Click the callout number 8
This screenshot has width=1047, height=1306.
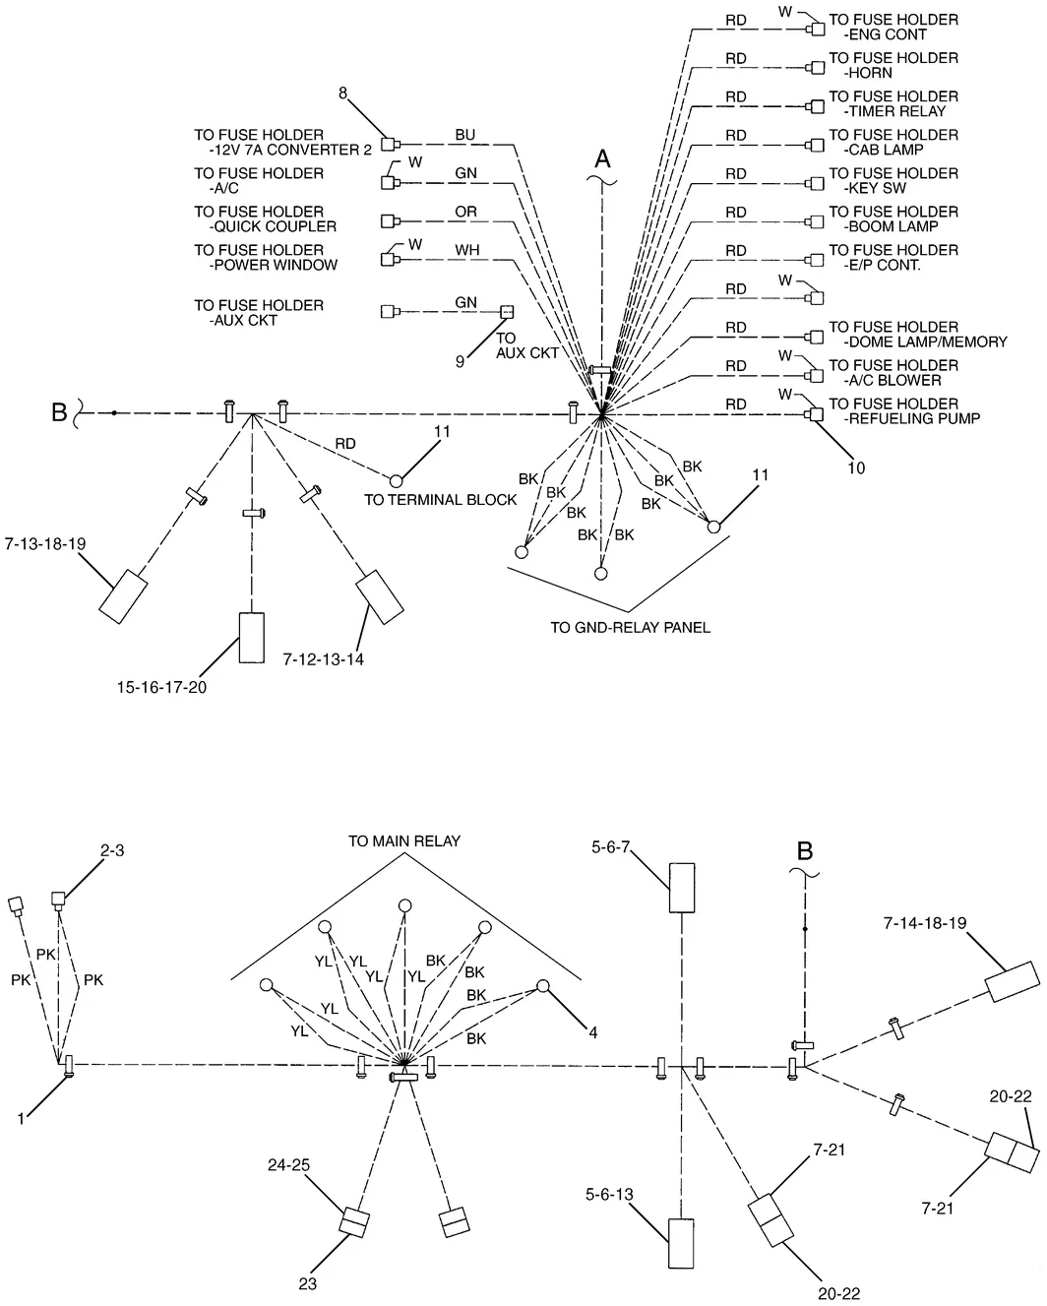(342, 93)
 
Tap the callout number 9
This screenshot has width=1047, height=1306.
(461, 362)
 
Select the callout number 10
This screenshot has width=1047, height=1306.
(856, 467)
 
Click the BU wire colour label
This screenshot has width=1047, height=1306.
(464, 135)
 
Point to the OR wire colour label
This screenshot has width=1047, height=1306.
(465, 212)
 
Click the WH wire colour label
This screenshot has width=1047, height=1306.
(467, 250)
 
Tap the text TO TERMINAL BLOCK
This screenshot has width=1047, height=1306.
(440, 499)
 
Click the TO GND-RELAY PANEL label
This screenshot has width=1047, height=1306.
(630, 628)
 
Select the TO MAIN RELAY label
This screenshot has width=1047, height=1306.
(404, 841)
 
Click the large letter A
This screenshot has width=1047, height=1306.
(602, 159)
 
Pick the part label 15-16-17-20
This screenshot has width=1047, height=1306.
(161, 687)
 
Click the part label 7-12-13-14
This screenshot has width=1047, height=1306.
(323, 659)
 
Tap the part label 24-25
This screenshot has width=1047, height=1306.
(289, 1164)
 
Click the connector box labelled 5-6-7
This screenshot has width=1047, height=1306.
(682, 888)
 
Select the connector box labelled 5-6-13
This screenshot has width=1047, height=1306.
(681, 1243)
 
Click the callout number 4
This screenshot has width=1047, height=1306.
(593, 1032)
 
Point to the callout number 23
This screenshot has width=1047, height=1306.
(308, 1283)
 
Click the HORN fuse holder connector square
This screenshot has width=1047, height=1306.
(818, 68)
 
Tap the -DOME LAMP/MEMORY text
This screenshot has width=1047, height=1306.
(925, 342)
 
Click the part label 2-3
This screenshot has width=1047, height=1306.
(111, 850)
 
